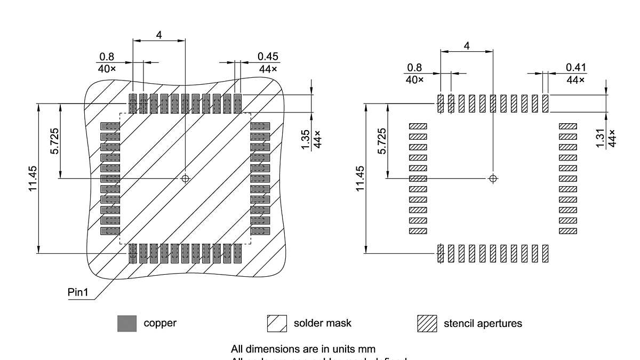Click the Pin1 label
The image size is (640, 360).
tap(78, 293)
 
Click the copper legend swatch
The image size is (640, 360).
tap(127, 323)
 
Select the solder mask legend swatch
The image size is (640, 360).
tap(277, 323)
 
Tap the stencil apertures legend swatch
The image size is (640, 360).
tap(427, 323)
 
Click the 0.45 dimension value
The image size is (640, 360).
tap(268, 57)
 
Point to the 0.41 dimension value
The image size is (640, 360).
tap(575, 67)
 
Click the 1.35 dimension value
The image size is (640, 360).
tap(306, 139)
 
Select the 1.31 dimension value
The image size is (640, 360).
tap(601, 139)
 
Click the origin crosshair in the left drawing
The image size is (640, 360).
tap(185, 178)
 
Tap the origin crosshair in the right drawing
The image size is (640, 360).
tap(493, 178)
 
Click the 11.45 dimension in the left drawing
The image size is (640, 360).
tap(33, 179)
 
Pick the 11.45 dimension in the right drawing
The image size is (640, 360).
tap(360, 179)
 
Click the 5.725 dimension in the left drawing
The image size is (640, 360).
tap(55, 141)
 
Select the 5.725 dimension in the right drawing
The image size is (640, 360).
tap(382, 141)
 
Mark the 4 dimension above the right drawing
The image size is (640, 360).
tap(467, 46)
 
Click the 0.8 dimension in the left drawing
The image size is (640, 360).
tap(107, 57)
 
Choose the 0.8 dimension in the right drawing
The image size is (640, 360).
tap(414, 67)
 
